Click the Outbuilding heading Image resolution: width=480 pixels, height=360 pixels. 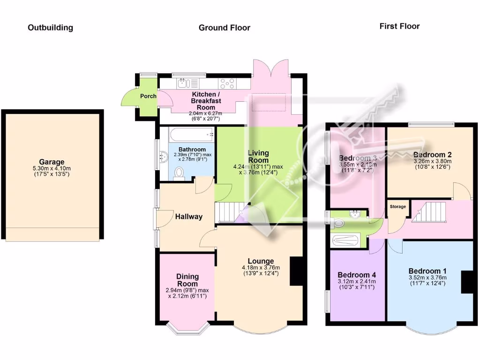click(50, 28)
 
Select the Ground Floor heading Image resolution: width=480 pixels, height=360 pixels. click(224, 28)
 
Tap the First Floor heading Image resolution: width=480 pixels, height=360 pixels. click(399, 26)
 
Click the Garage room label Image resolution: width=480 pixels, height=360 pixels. click(52, 162)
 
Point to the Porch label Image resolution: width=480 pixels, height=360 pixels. click(148, 96)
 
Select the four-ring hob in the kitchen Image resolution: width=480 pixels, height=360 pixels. click(227, 83)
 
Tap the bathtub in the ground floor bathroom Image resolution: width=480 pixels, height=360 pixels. click(187, 135)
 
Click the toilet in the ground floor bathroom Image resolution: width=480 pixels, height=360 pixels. click(179, 173)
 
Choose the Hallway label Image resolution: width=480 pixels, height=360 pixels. click(189, 217)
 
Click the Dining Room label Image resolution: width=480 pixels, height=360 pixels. click(187, 280)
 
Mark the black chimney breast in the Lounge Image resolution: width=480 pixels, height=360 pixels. click(297, 271)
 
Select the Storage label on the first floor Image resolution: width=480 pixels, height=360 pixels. click(397, 206)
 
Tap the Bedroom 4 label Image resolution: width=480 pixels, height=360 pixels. click(357, 275)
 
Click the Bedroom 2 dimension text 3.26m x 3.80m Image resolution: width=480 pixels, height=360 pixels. click(432, 161)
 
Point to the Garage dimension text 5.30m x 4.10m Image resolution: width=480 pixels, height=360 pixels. click(52, 169)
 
